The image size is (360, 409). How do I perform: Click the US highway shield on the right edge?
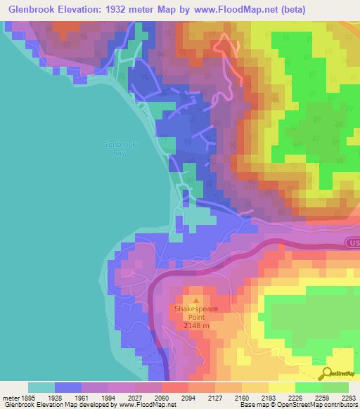pyautogui.click(x=352, y=242)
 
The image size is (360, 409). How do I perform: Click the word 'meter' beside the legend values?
pyautogui.click(x=10, y=397)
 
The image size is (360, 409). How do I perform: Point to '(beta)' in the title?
pyautogui.click(x=335, y=11)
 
